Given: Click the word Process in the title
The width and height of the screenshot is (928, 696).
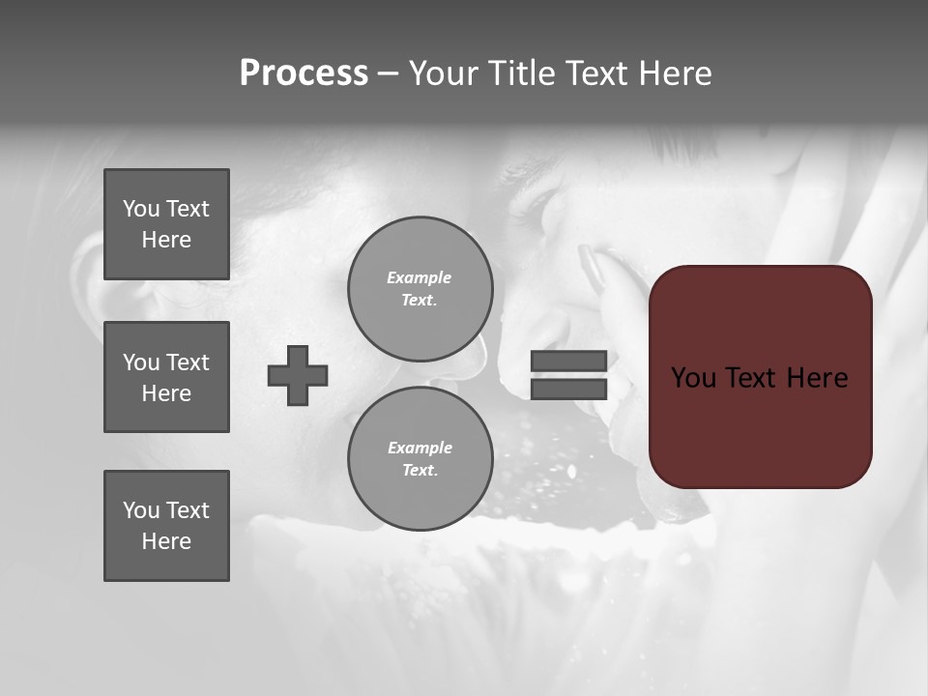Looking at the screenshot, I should tap(304, 73).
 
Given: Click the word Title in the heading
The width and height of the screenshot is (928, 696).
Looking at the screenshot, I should tap(519, 73).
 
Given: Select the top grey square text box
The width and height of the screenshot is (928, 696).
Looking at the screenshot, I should tap(166, 224).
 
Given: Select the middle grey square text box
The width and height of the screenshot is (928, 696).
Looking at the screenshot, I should tap(166, 377).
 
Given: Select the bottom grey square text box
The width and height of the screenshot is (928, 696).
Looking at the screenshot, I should tap(166, 526).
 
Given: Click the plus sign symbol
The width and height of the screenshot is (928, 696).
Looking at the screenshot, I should tap(298, 375).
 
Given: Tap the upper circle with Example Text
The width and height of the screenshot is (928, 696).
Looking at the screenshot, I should tap(420, 288).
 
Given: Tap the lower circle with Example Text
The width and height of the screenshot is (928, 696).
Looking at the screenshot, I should tap(420, 458).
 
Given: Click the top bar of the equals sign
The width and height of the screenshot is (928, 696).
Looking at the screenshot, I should tap(568, 361).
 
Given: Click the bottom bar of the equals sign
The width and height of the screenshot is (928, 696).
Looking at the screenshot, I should tap(568, 389).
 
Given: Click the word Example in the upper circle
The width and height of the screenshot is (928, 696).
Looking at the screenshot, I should tap(419, 277).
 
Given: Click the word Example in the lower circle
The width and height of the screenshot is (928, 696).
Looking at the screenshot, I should tap(420, 448).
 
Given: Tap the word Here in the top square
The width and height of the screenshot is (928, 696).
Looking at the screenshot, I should tap(166, 240).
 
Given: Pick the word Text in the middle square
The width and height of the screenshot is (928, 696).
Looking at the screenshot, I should tap(188, 362).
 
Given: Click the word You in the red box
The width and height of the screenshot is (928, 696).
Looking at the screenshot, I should tap(693, 378).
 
